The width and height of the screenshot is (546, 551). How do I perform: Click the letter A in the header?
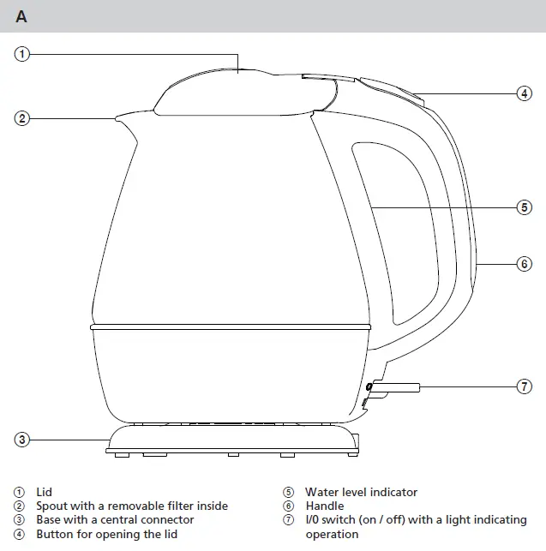pos(21,16)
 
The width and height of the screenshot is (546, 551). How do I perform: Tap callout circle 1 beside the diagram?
pos(21,54)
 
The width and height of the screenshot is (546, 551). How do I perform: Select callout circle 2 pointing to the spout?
pos(21,118)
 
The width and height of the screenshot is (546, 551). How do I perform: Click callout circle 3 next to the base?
pos(21,440)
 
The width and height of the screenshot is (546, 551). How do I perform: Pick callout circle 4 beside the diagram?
pos(525,93)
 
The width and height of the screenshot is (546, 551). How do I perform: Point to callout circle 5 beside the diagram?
pos(525,207)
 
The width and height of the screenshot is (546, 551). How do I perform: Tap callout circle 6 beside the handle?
pos(525,264)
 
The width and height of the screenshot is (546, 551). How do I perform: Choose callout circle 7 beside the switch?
pos(525,386)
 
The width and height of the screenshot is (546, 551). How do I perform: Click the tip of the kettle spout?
pos(117,119)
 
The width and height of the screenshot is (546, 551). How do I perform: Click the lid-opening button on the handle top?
pos(390,91)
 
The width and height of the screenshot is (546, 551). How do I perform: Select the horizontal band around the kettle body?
pos(231,327)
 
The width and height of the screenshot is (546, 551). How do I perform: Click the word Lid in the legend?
pos(44,492)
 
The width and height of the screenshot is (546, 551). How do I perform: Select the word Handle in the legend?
pos(325,506)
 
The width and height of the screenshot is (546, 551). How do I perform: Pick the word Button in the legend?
pos(55,534)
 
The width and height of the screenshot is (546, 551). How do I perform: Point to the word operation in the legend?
pos(332,535)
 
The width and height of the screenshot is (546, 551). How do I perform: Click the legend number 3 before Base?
pos(19,520)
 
